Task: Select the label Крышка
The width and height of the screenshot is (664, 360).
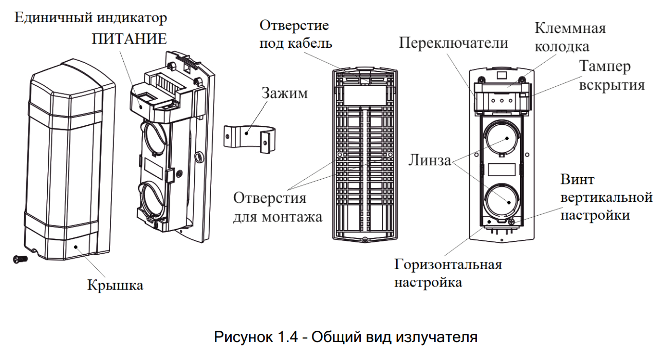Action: pyautogui.click(x=115, y=284)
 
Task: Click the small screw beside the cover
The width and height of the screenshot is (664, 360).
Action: pyautogui.click(x=19, y=259)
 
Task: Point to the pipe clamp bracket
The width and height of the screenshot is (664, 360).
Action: pyautogui.click(x=249, y=138)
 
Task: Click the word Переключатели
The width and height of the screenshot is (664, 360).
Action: pyautogui.click(x=453, y=43)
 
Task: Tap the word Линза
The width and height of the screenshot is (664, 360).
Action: pyautogui.click(x=429, y=161)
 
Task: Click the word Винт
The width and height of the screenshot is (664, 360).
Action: pyautogui.click(x=577, y=180)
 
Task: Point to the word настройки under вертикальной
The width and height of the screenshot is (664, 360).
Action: pyautogui.click(x=595, y=215)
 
